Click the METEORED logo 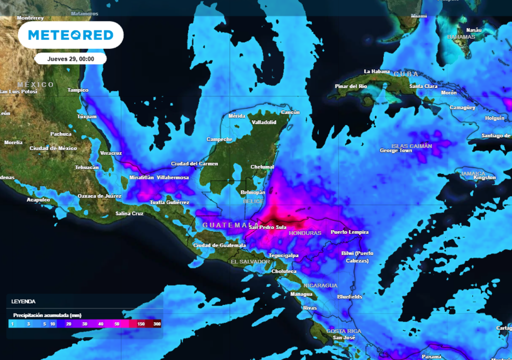coord(70,35)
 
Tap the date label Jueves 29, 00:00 coord(70,58)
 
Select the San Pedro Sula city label coord(267,228)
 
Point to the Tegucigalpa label coord(283,255)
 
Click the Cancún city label coord(290,112)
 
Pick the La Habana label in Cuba coord(376,71)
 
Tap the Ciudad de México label coord(53,148)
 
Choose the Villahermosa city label coord(173,177)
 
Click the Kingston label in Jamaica coord(484,177)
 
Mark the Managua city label coord(301,294)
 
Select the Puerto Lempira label coord(349,232)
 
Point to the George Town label coord(396,150)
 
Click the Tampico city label coord(78,90)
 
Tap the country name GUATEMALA coord(224,225)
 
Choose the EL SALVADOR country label coord(250,262)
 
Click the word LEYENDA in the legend coord(23,301)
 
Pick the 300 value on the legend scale coord(157,324)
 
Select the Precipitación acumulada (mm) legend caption coord(47,315)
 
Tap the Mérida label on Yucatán coord(237,116)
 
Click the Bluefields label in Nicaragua coord(349,296)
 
